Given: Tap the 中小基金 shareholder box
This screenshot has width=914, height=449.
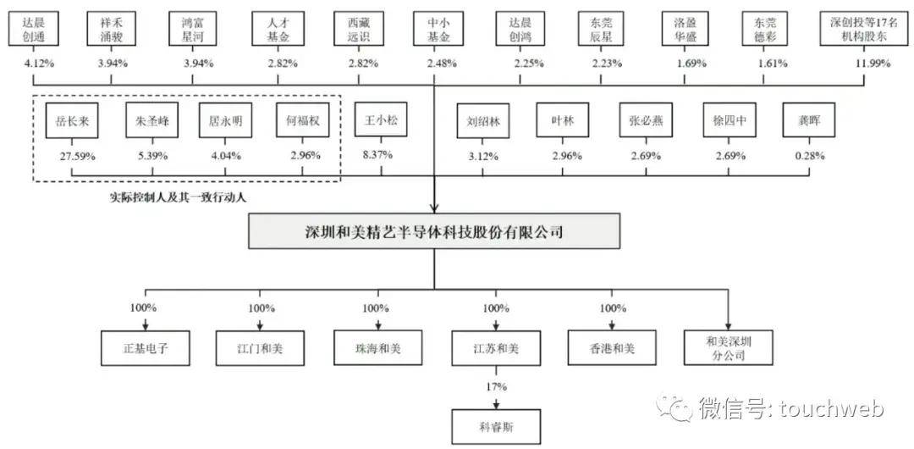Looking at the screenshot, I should (x=433, y=30).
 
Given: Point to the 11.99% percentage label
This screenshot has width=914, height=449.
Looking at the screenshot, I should (x=864, y=64).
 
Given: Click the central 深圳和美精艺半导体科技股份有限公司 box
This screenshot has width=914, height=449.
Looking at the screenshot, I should (x=433, y=231).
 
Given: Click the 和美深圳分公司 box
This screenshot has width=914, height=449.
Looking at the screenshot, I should (x=729, y=348).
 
